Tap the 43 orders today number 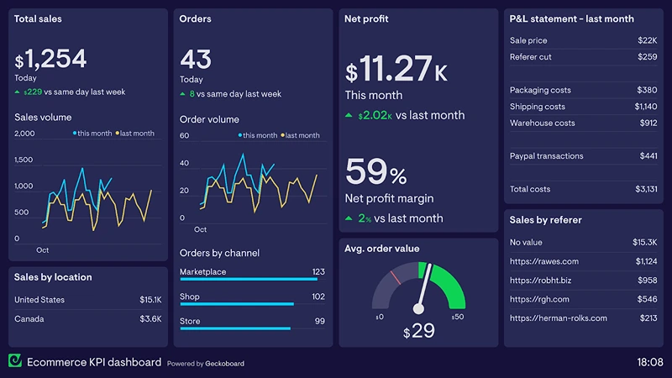pos(196,59)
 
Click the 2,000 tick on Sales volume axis pos(24,134)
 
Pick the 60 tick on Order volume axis pos(185,135)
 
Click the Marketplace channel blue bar pos(249,280)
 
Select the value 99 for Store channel pos(319,322)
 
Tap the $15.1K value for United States pos(150,300)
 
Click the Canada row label pos(29,319)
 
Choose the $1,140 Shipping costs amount pos(645,107)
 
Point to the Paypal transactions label pos(546,156)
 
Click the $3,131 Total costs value pos(646,189)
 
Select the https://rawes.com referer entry pos(543,261)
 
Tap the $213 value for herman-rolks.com pos(648,318)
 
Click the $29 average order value pos(418,331)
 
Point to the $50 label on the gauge pos(457,317)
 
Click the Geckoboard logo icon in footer pos(15,361)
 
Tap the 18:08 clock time pos(649,362)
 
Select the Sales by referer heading pos(545,220)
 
